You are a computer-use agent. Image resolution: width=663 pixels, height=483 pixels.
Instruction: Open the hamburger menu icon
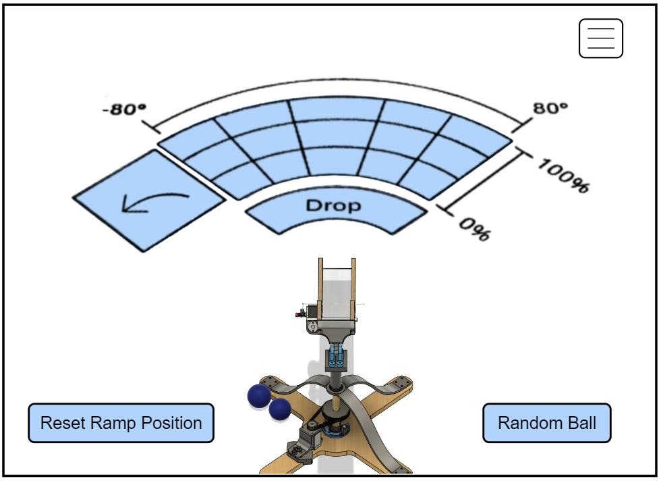600,39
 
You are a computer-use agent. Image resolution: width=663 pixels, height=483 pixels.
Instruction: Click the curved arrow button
148,200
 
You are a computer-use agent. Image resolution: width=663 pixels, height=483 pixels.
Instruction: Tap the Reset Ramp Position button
121,424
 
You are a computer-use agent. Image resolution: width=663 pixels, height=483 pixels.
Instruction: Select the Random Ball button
547,424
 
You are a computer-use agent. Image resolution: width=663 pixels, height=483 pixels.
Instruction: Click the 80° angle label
550,108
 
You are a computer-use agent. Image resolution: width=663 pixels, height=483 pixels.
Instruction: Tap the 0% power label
475,228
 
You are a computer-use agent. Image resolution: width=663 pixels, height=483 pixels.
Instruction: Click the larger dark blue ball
259,397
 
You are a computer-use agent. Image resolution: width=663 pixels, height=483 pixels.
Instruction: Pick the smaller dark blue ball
279,409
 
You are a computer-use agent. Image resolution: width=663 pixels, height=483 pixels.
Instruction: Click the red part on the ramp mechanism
297,313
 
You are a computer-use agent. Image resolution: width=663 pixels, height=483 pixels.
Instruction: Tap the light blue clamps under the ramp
337,355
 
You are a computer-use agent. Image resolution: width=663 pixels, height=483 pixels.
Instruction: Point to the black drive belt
322,423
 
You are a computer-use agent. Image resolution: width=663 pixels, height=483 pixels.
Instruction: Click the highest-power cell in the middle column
336,111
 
